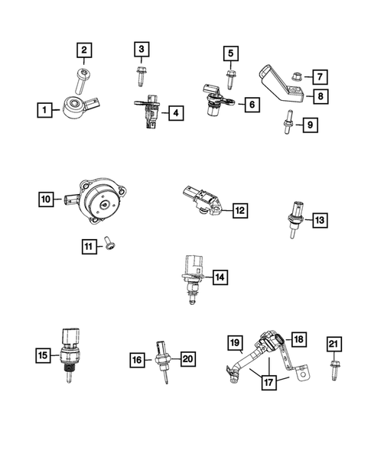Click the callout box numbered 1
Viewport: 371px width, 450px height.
[x=45, y=111]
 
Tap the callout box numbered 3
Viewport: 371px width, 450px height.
[x=141, y=50]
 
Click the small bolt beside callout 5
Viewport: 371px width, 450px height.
[x=230, y=75]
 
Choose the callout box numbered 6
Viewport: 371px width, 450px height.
[x=250, y=104]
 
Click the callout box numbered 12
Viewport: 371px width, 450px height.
[x=239, y=209]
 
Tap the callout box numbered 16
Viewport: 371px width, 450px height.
[x=137, y=358]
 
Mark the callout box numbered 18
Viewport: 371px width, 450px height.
[x=298, y=338]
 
